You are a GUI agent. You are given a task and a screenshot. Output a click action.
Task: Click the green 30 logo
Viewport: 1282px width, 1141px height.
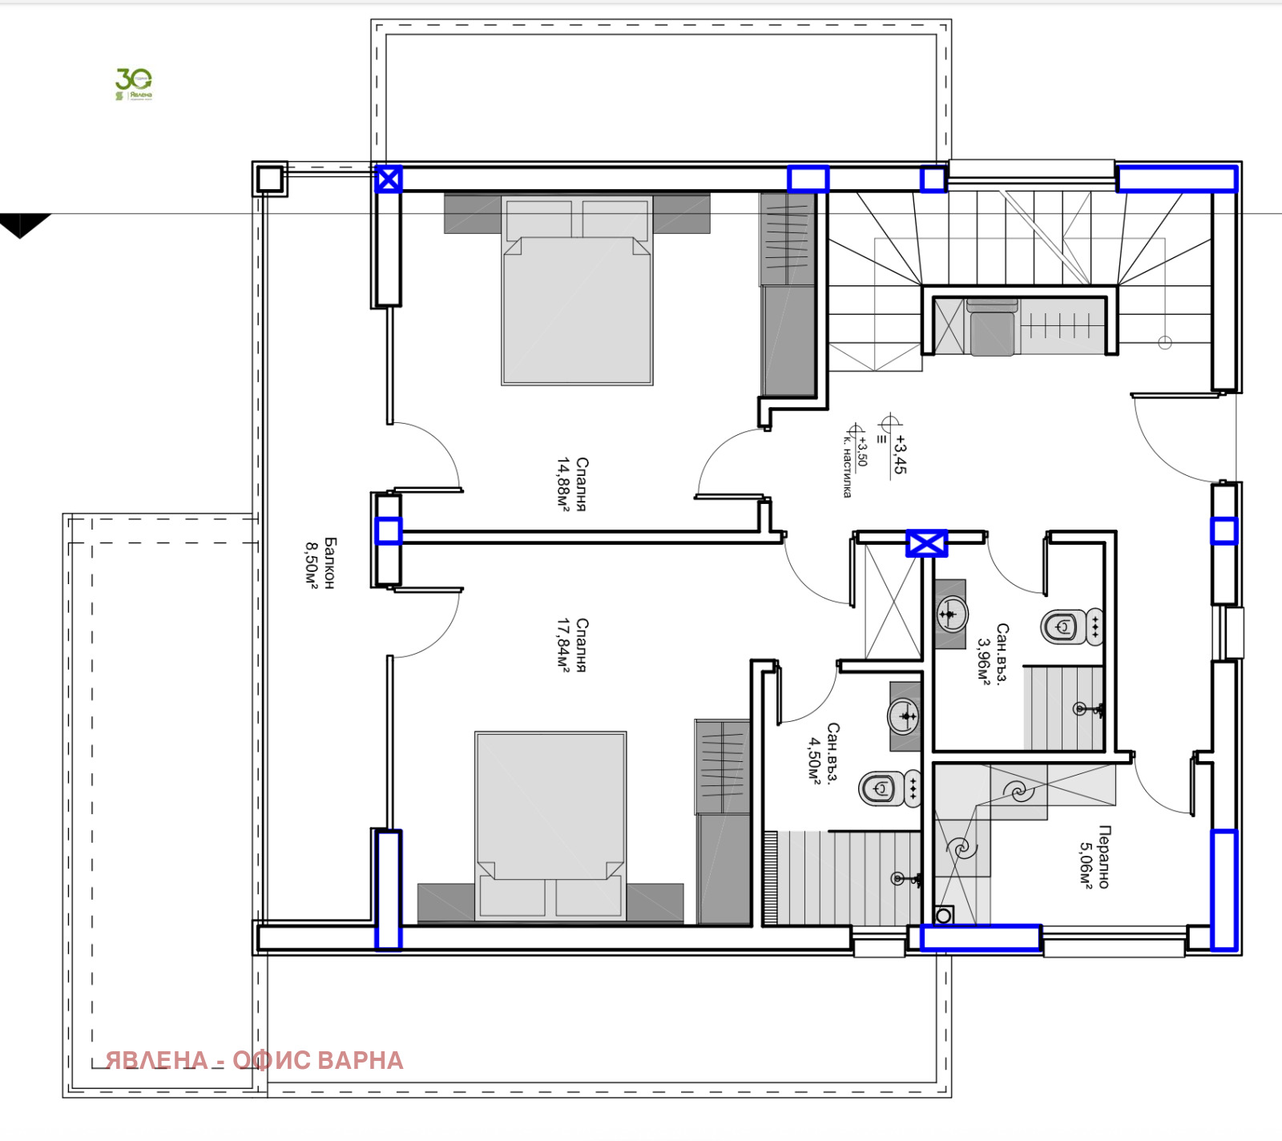(133, 83)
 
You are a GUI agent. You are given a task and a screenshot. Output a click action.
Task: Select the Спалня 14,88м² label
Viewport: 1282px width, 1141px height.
(573, 484)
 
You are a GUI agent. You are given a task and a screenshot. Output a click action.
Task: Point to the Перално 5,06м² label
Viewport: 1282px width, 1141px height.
(1095, 857)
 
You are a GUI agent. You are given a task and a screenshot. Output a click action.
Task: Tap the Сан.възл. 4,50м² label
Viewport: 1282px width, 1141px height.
(823, 753)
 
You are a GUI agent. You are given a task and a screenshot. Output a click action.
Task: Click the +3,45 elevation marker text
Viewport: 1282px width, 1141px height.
(900, 454)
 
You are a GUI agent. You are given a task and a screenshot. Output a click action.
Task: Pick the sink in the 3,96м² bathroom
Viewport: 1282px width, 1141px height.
(951, 614)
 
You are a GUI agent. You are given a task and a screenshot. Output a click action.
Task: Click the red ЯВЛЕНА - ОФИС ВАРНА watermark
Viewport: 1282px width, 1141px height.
(254, 1060)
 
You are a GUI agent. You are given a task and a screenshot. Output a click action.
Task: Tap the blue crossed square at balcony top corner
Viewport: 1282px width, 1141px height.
(389, 179)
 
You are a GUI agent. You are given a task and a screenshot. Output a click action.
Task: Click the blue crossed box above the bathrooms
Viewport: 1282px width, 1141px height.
(926, 543)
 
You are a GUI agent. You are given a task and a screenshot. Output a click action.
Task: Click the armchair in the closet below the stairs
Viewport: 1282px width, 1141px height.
(992, 329)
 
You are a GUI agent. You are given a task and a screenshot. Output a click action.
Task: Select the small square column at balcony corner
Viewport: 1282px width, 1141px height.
(270, 178)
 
